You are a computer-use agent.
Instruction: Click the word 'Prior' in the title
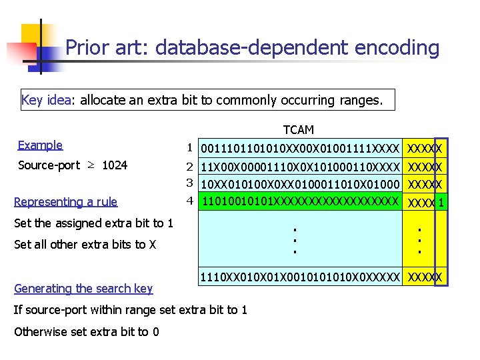coord(85,47)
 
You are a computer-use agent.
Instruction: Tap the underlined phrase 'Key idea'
coord(46,100)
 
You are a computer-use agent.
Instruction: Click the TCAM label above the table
coord(298,129)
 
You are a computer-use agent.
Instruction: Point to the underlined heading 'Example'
coord(40,145)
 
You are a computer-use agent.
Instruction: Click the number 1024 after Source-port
coord(115,165)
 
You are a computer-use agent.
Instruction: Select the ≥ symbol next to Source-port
coord(91,165)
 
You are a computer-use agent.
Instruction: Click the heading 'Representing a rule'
coord(65,201)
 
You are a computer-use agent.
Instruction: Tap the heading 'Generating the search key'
coord(83,288)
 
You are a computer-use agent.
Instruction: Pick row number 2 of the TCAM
coord(189,165)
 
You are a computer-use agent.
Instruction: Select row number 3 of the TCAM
coord(189,182)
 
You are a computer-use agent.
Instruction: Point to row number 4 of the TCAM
coord(189,199)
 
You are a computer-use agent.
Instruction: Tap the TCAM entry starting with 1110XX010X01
coord(300,276)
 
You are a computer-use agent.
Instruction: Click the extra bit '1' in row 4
coord(441,202)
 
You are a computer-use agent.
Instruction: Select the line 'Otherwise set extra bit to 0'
coord(86,331)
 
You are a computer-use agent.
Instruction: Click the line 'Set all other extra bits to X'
coord(85,244)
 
